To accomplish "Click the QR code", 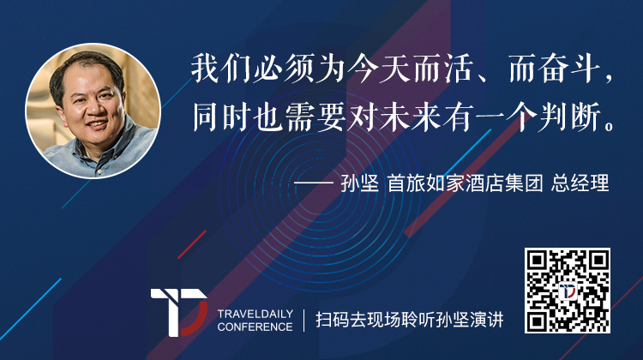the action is click(x=568, y=291).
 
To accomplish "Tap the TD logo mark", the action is click(x=179, y=313).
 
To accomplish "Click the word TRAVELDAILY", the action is click(x=255, y=314).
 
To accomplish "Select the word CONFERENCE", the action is click(x=255, y=327).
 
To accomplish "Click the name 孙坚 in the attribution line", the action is click(x=359, y=183).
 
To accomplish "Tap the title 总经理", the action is click(x=580, y=183).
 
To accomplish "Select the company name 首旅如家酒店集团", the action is click(x=466, y=183).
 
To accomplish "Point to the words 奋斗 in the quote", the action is click(x=569, y=69).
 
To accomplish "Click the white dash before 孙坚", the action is click(x=314, y=183).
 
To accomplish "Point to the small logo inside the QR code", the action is click(x=568, y=291).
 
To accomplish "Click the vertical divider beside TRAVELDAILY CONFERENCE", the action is click(x=303, y=321).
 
